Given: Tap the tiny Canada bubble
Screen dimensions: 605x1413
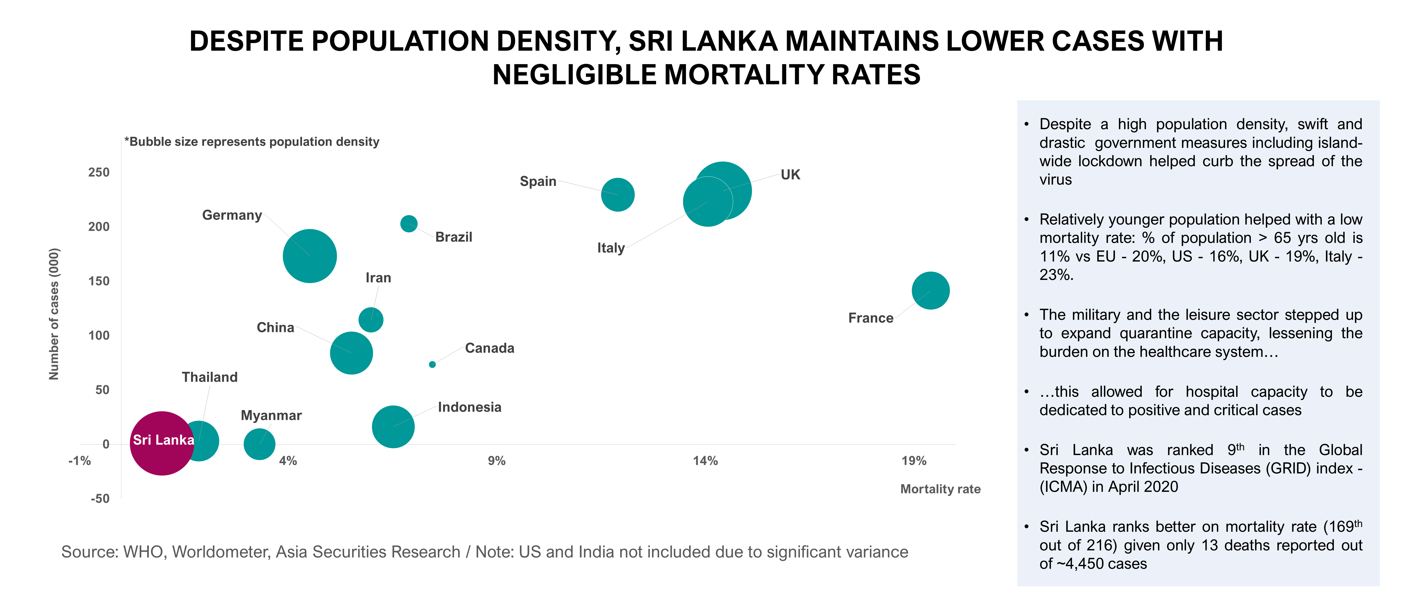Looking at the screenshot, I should (432, 364).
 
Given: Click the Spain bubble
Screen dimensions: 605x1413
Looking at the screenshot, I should (618, 195).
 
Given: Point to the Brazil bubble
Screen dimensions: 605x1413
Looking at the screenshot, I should (409, 223).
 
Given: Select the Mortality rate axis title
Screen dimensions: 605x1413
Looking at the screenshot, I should (940, 489).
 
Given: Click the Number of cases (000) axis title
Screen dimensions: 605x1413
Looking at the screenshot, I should (54, 314).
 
